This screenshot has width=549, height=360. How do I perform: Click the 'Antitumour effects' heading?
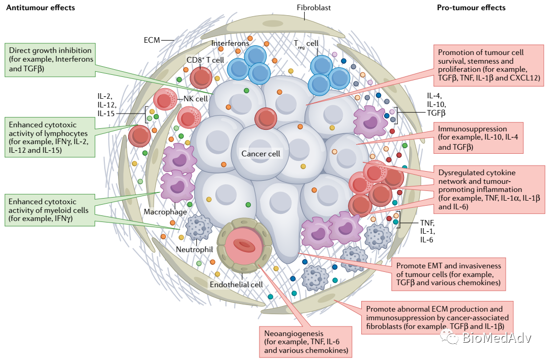(x=41, y=7)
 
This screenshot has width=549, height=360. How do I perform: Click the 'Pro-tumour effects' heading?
(x=471, y=7)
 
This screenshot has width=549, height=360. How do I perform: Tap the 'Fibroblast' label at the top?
(x=314, y=7)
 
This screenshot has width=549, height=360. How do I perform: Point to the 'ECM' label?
(x=152, y=40)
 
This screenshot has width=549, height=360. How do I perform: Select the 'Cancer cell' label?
(x=261, y=154)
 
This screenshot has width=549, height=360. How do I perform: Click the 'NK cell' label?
(x=196, y=99)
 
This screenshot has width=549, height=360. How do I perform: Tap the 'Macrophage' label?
(x=165, y=212)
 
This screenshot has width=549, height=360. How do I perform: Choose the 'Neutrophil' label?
(x=194, y=249)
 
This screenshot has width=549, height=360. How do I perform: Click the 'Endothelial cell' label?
(x=236, y=285)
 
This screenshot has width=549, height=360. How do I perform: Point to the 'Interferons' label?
(x=230, y=43)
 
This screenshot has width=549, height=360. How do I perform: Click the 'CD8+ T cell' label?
(x=205, y=60)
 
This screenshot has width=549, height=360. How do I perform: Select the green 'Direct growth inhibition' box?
(x=50, y=60)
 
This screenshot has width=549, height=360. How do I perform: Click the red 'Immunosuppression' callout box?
(x=479, y=138)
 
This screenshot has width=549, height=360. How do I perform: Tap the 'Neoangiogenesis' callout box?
(x=306, y=342)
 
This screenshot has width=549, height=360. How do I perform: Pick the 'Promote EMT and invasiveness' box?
(x=449, y=274)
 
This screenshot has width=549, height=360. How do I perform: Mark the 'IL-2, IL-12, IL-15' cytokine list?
(x=107, y=105)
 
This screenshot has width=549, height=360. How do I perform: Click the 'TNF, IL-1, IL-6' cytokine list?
(x=427, y=231)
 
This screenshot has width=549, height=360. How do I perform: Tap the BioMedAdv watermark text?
(x=497, y=338)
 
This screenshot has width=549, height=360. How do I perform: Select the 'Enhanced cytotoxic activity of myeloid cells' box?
(x=50, y=210)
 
